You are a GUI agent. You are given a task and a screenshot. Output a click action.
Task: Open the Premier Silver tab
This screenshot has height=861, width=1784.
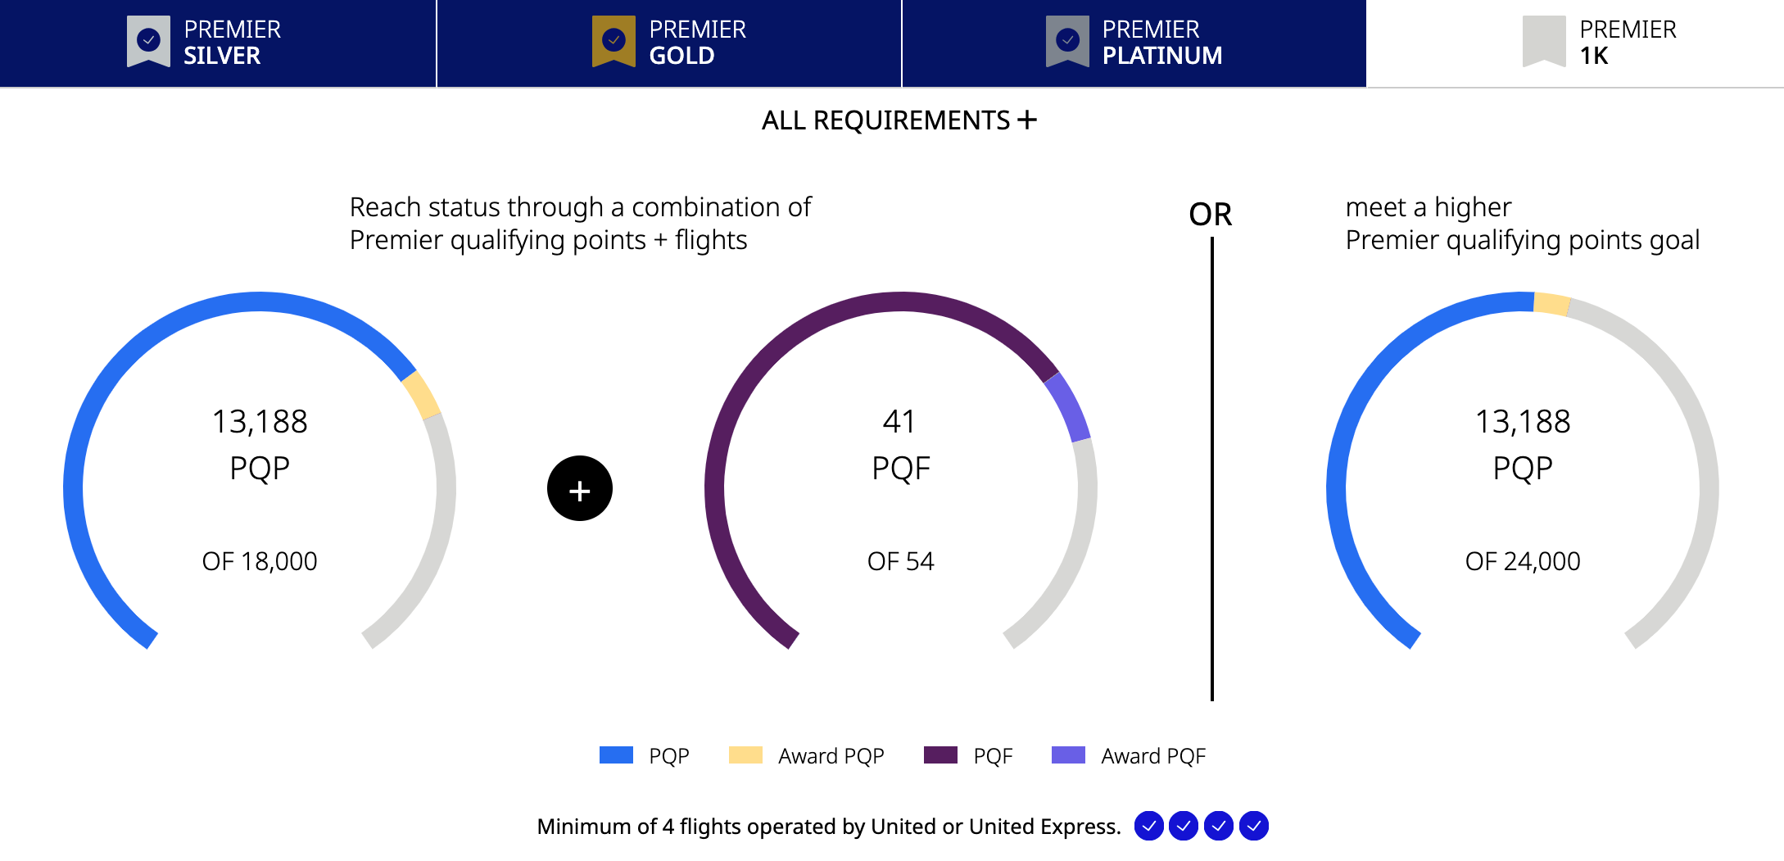218,43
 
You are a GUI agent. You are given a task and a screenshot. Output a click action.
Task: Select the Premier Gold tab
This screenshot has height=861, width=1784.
669,43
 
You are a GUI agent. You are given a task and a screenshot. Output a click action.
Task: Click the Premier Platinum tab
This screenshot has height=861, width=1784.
1134,43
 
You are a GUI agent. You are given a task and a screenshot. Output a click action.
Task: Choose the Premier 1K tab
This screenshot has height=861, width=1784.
1575,43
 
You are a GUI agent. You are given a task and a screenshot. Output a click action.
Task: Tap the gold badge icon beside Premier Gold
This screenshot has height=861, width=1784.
614,41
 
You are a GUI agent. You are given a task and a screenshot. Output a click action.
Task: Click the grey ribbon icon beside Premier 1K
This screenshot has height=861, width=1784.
1544,41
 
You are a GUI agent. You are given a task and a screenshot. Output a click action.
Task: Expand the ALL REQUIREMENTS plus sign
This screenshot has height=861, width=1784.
1027,120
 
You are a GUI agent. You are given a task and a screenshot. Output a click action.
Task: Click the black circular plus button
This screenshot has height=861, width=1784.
580,488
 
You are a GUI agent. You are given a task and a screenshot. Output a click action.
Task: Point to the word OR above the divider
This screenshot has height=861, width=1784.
1211,215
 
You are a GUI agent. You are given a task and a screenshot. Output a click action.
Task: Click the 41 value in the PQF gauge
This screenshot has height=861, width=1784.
899,422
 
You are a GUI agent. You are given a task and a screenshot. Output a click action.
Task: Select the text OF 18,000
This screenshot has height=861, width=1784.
260,561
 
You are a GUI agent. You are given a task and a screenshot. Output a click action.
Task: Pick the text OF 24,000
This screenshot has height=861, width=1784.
1523,561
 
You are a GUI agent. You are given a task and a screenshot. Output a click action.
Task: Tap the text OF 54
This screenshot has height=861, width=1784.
901,561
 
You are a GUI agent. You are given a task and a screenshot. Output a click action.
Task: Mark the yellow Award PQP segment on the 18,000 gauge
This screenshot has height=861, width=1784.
422,395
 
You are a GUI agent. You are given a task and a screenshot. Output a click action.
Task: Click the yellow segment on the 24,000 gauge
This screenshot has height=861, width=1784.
1551,304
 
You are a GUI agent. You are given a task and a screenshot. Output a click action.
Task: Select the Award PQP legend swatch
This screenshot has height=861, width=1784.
745,755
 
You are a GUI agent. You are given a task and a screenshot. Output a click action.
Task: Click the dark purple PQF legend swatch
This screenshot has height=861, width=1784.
940,755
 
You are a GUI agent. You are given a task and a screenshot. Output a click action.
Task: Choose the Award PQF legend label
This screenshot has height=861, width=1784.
1153,756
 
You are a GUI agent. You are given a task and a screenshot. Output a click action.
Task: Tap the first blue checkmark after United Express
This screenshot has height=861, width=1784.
1149,826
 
